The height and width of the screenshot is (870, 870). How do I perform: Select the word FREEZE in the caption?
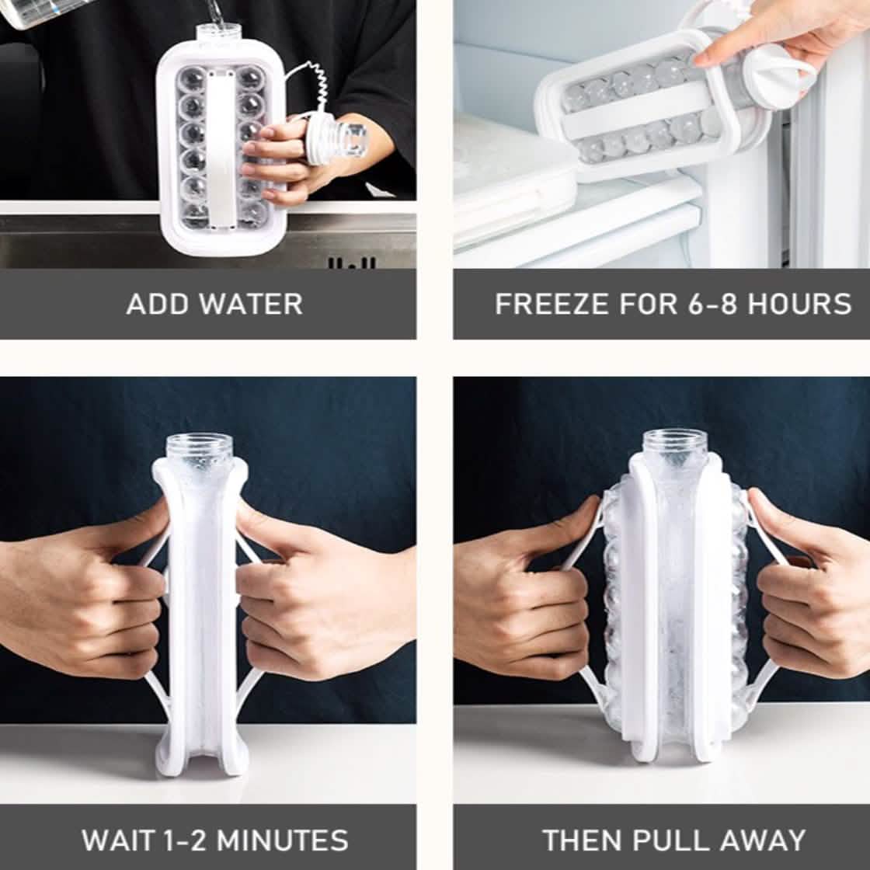(x=552, y=304)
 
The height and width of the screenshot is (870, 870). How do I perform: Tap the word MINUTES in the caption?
(x=283, y=840)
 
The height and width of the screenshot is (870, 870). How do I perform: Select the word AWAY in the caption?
(x=766, y=840)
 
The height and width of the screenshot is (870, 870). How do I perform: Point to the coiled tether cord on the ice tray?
(x=312, y=89)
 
